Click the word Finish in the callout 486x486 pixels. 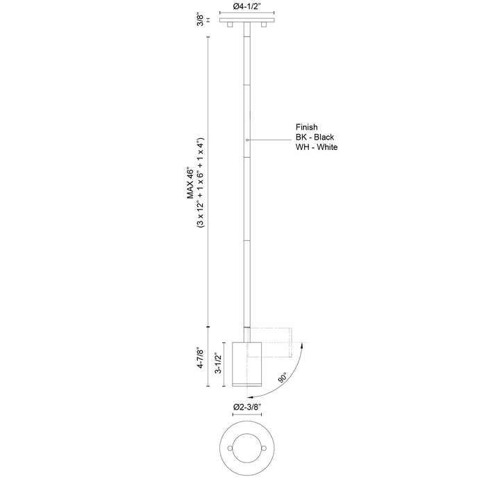[306, 127]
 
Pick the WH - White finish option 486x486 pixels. [317, 148]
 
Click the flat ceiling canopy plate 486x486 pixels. [246, 22]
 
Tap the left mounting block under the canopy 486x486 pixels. [230, 26]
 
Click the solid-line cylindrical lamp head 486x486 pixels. [246, 363]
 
